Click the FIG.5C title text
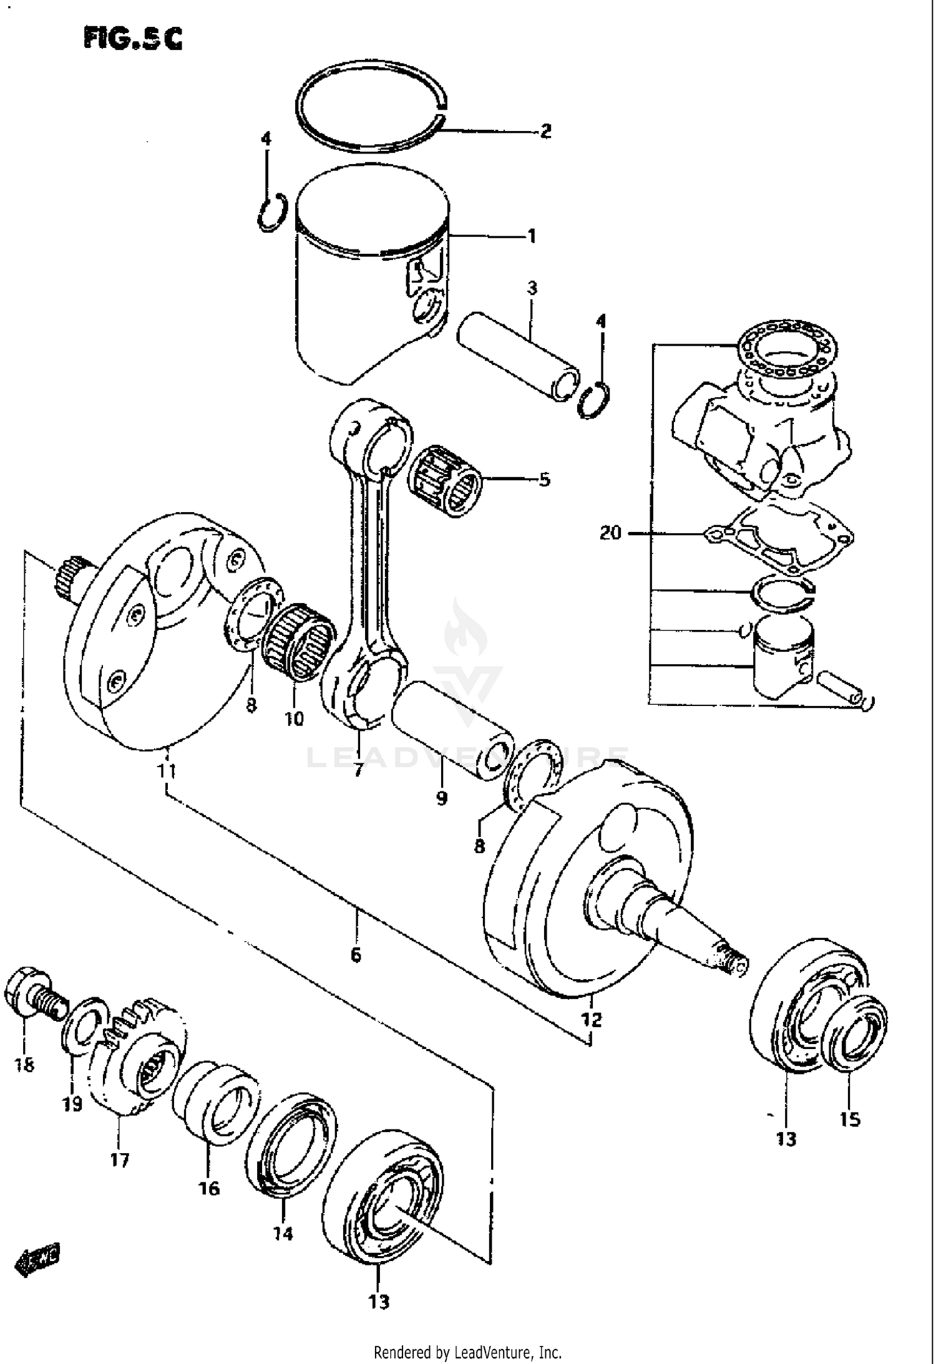tap(133, 38)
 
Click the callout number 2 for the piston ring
tap(545, 131)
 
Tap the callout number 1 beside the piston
tap(531, 236)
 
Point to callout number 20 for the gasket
tap(610, 533)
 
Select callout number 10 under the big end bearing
tap(294, 718)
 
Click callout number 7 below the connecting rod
tap(358, 771)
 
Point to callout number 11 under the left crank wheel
tap(166, 771)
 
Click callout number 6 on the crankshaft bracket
tap(356, 955)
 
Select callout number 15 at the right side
tap(849, 1120)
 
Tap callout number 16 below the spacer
tap(210, 1189)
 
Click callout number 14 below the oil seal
tap(283, 1234)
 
